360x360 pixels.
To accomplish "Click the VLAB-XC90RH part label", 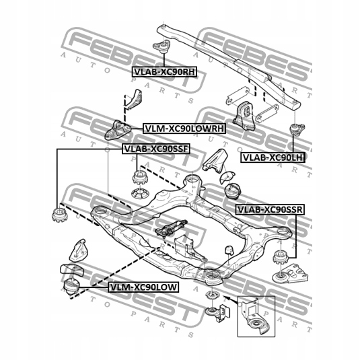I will click(x=164, y=70).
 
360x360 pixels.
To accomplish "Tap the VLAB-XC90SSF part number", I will click(x=153, y=149).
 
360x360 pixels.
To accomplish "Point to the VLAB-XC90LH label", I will click(x=271, y=157).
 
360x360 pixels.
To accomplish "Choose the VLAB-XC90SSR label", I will click(x=270, y=210).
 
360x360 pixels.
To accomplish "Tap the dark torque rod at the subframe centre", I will click(x=173, y=229).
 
